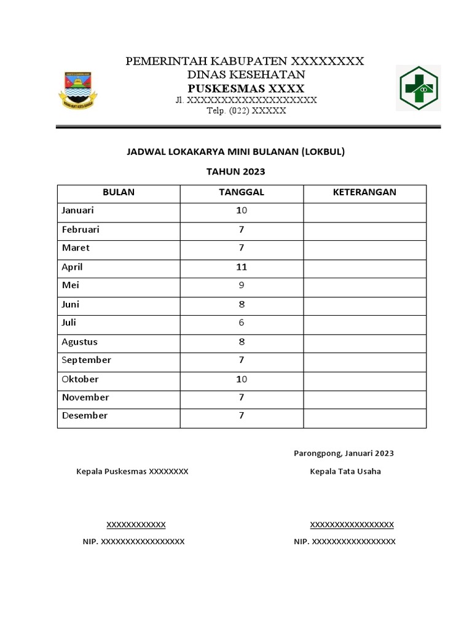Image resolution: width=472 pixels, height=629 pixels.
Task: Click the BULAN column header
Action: tap(119, 192)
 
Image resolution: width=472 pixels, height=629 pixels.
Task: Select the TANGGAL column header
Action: tap(242, 192)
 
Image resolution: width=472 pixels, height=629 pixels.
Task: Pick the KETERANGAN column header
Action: tap(364, 192)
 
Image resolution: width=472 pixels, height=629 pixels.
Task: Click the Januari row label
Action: tap(78, 211)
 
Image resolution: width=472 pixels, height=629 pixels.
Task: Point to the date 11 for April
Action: tap(242, 267)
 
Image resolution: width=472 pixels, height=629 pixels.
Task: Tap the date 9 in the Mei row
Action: tap(242, 286)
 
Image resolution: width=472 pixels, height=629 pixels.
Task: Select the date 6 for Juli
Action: tap(242, 323)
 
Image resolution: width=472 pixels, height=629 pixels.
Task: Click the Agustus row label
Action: tap(80, 342)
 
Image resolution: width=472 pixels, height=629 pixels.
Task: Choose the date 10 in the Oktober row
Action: tap(242, 380)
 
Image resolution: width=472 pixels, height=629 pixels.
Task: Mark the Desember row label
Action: tap(85, 416)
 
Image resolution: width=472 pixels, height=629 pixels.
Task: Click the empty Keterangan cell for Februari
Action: tap(364, 230)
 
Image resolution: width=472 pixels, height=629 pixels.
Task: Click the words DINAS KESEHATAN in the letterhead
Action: tap(246, 74)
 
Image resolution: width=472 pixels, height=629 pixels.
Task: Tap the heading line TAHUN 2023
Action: tap(236, 172)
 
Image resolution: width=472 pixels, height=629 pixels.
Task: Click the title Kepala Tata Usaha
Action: tap(345, 472)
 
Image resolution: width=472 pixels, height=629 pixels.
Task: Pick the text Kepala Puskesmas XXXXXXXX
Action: tap(132, 472)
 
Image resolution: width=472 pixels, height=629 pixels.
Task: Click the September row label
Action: tap(87, 361)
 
